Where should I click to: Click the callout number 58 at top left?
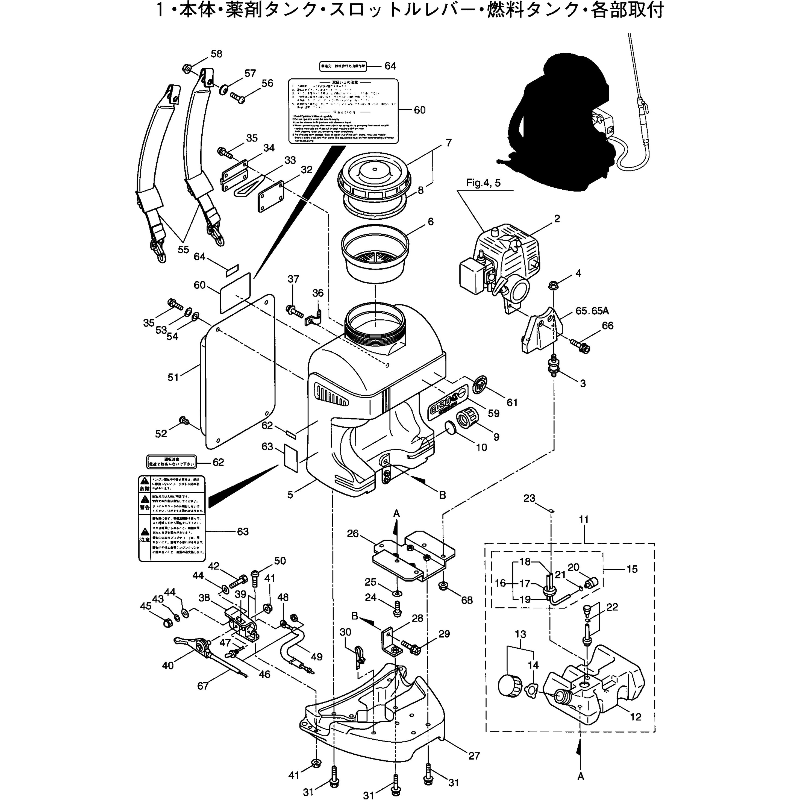click(x=216, y=54)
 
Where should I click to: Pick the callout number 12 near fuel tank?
click(x=635, y=716)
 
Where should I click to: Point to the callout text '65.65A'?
click(x=592, y=311)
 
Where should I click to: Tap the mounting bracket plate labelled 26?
click(x=414, y=557)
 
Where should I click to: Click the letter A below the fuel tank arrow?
click(x=581, y=777)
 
